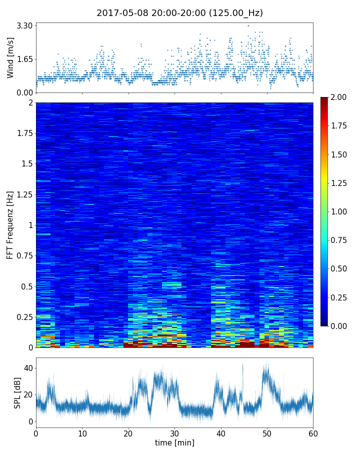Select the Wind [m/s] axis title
pos(10,59)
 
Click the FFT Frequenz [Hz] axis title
pos(10,225)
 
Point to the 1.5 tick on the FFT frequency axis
pos(27,164)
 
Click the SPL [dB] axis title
pos(17,392)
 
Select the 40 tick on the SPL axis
pos(27,368)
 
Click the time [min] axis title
pos(174,442)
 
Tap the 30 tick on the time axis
pos(174,432)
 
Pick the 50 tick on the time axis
pos(267,432)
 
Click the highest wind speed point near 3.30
pos(248,25)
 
